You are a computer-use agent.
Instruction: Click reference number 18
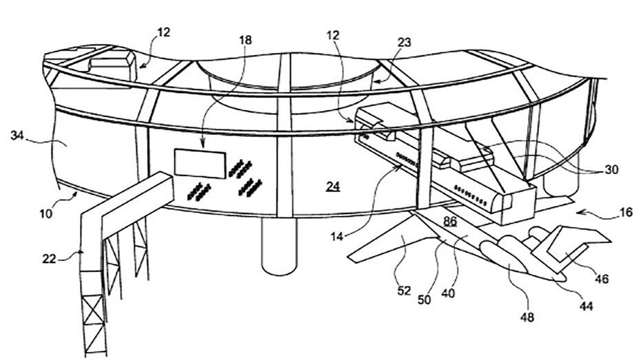[x=246, y=41]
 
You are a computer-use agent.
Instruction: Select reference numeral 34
[x=17, y=135]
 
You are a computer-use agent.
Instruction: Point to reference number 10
[x=46, y=213]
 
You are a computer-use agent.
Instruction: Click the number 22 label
[x=49, y=258]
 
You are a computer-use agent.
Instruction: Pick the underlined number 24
[x=333, y=186]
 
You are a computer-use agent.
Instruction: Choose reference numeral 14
[x=337, y=236]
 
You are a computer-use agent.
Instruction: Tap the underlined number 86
[x=450, y=221]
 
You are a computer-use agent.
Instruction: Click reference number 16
[x=626, y=212]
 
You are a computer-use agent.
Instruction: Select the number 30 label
[x=611, y=169]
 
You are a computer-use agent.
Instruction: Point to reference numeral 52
[x=404, y=290]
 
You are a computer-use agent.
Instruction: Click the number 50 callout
[x=424, y=299]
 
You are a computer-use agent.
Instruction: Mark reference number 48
[x=527, y=317]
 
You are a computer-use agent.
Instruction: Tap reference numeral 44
[x=586, y=306]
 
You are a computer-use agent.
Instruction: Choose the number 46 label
[x=601, y=279]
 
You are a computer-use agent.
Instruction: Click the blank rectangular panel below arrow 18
[x=200, y=164]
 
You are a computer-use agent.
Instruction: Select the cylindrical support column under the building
[x=279, y=246]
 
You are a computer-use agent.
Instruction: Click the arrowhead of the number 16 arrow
[x=579, y=212]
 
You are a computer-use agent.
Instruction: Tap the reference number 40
[x=448, y=293]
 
